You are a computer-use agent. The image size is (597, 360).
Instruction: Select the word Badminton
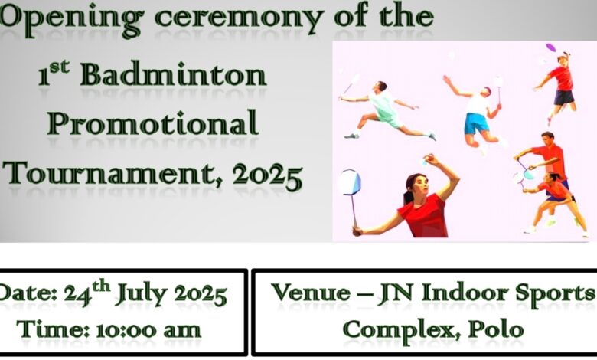(173, 74)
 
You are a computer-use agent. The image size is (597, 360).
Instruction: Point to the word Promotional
(153, 123)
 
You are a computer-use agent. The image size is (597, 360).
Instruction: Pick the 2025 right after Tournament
(268, 175)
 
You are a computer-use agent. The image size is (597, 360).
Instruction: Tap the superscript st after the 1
(60, 67)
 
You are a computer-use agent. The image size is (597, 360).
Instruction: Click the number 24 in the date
(77, 294)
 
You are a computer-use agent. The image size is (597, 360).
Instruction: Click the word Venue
(311, 292)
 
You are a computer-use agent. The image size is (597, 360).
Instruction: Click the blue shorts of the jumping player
(475, 123)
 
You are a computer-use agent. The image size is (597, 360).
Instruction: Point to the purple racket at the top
(551, 48)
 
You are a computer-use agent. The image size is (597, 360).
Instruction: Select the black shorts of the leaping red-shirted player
(564, 97)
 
